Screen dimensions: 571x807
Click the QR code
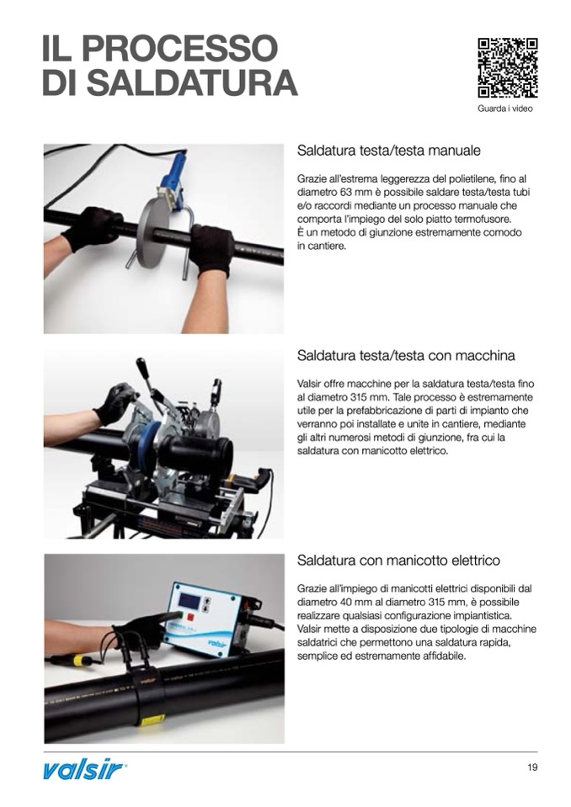[x=508, y=68]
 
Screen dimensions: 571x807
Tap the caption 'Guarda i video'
[x=505, y=109]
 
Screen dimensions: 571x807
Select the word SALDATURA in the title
[x=193, y=82]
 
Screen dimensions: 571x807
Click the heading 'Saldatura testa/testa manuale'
[x=389, y=151]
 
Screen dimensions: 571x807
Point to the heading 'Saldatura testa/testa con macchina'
[x=406, y=356]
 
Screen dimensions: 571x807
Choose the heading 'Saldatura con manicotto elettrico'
[x=398, y=560]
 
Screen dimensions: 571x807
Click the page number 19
[x=532, y=767]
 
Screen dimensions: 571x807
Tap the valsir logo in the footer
[x=83, y=771]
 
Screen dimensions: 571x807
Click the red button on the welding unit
[x=191, y=615]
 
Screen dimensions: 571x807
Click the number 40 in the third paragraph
[x=345, y=603]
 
